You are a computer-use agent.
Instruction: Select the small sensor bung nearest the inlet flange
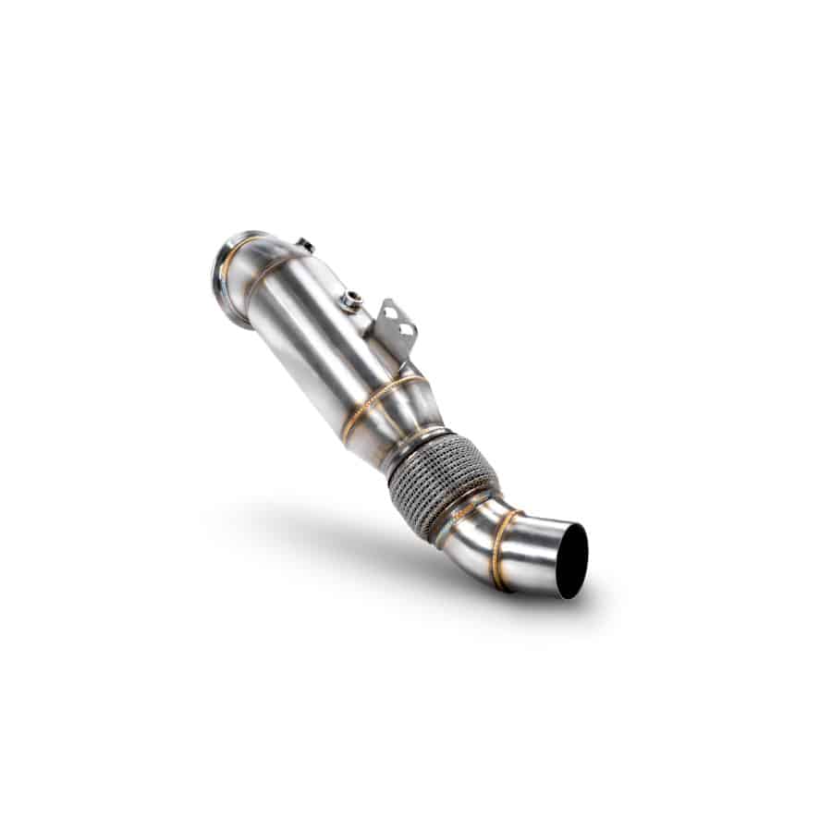click(x=302, y=245)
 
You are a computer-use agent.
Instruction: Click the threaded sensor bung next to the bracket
click(x=349, y=299)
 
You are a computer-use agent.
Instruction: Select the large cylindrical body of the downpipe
click(x=314, y=333)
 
